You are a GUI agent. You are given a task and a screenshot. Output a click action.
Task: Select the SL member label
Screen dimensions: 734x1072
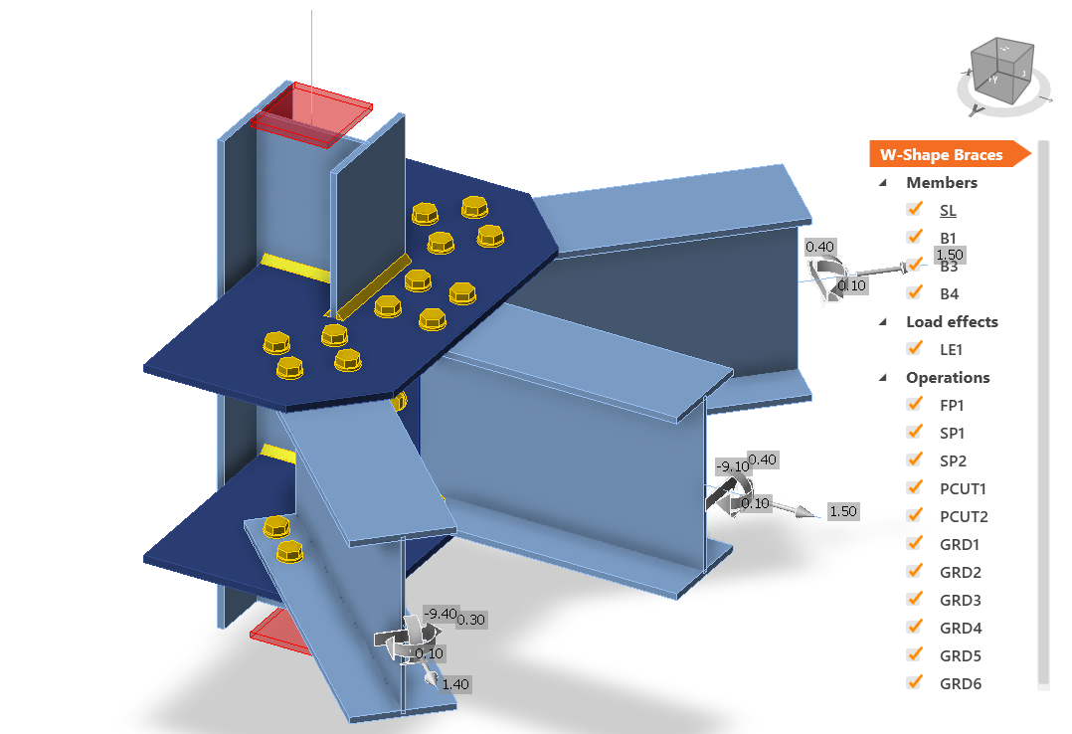949,210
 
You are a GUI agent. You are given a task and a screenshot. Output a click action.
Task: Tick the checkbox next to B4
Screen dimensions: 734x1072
914,293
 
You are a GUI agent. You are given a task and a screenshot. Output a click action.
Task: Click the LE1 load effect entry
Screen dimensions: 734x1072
953,349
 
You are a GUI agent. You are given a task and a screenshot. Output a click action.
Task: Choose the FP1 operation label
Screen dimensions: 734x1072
953,405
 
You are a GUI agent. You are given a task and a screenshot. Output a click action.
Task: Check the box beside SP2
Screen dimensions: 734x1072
914,460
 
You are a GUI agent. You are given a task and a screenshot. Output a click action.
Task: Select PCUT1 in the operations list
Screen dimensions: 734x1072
962,488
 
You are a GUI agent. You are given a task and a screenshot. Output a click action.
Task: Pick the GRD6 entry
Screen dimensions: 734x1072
960,683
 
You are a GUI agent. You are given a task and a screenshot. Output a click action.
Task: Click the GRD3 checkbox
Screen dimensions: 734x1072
914,600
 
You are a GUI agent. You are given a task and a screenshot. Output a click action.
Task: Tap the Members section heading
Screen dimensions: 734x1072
941,182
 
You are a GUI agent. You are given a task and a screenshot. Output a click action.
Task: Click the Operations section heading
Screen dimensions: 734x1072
947,377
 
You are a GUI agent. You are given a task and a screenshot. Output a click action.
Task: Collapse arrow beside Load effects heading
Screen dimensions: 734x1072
883,321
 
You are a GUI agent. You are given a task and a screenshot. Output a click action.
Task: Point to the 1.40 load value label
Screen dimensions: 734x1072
455,683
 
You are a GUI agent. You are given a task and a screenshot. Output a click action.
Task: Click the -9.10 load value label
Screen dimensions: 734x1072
732,465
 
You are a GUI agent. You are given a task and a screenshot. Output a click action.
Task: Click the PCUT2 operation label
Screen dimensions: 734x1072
962,516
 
